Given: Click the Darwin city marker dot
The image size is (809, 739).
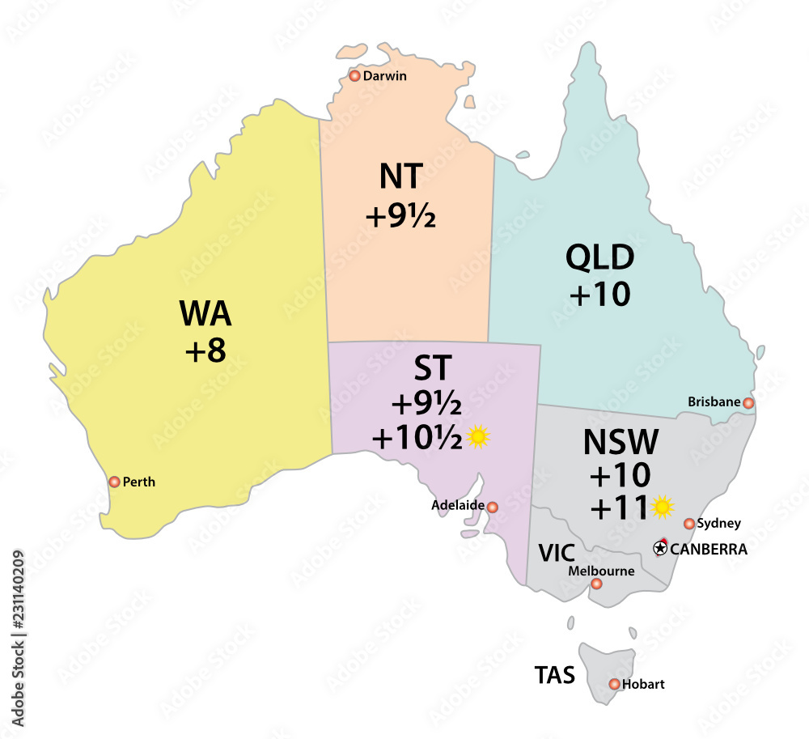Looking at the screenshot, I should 354,76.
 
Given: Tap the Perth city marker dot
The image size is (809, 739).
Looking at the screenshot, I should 114,482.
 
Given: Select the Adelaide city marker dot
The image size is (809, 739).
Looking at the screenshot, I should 493,507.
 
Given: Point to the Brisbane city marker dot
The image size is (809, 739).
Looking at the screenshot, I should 749,402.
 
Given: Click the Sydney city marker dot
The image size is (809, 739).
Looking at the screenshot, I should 689,524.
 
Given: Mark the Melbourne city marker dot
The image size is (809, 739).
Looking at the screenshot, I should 597,584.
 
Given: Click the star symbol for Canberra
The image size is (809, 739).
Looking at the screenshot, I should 660,549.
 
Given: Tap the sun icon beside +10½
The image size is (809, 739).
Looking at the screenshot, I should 479,437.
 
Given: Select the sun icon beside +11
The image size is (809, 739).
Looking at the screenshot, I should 663,508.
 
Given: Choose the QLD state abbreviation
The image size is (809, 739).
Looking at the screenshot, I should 599,260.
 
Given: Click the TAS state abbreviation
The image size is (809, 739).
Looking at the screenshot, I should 554,675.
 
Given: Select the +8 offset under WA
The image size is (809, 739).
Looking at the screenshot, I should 204,351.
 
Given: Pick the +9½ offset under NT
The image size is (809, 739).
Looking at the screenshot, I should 400,216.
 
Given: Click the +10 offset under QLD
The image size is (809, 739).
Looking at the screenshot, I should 599,296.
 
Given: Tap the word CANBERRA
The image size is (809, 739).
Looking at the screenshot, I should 709,549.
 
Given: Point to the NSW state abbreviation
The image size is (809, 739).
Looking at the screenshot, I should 621,443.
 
